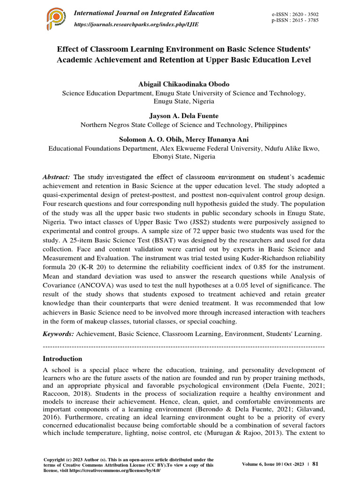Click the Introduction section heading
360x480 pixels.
tap(62, 359)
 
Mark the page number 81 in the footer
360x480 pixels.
tap(315, 464)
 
